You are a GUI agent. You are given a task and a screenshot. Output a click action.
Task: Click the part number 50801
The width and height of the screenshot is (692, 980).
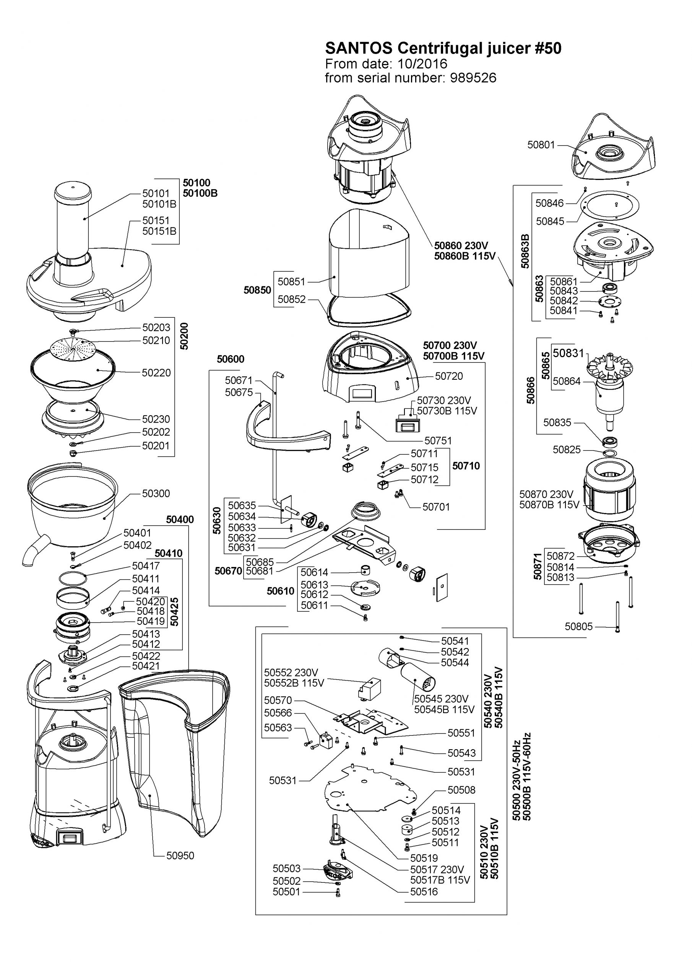coord(541,145)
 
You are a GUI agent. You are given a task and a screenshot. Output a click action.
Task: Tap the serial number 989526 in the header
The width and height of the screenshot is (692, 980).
coord(473,78)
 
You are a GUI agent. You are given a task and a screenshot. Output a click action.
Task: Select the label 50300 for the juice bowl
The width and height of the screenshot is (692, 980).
coord(156,493)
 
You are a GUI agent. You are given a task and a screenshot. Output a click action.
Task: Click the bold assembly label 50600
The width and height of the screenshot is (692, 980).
coord(230,359)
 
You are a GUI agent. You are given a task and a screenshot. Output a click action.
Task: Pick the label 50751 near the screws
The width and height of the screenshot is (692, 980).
coord(438,441)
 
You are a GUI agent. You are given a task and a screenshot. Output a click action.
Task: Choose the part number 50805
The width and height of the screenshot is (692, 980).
coord(578,627)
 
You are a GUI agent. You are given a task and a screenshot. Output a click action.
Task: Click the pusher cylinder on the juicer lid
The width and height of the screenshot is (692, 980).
coord(73,222)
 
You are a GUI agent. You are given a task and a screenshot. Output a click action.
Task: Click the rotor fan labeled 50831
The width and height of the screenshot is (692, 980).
coord(610,367)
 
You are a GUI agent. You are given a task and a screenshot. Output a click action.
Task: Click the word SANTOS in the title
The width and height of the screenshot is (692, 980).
coord(358,49)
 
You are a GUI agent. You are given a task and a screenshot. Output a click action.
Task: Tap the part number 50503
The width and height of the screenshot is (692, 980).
coord(286,869)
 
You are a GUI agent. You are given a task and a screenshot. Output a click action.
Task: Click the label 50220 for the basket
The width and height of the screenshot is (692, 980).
coord(156,372)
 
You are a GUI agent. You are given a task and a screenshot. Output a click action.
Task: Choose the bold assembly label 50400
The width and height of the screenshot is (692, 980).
coord(180,519)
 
